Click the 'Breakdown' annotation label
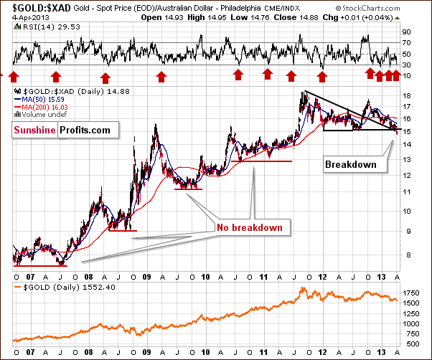coord(351,164)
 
